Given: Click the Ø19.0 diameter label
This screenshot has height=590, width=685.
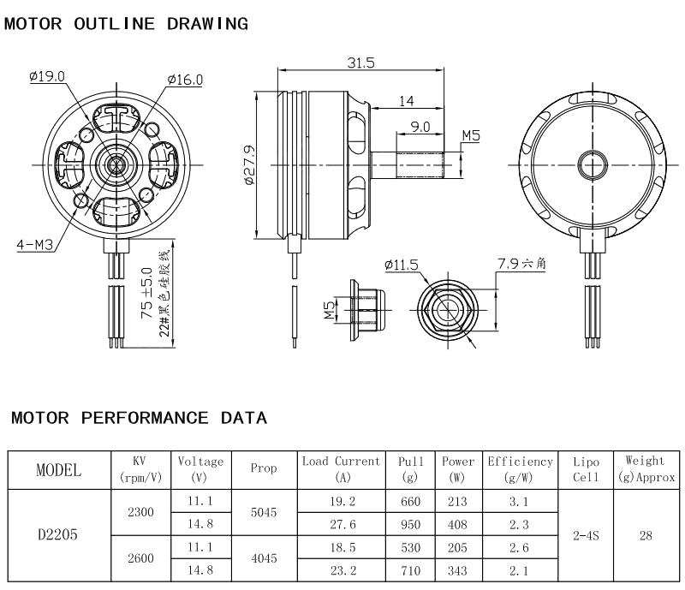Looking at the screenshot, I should pyautogui.click(x=47, y=76).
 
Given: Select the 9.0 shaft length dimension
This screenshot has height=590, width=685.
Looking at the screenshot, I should pyautogui.click(x=420, y=126).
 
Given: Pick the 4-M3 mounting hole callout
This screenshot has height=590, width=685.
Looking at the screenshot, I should pyautogui.click(x=34, y=245).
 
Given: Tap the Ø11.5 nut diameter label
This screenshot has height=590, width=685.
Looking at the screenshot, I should pyautogui.click(x=402, y=265).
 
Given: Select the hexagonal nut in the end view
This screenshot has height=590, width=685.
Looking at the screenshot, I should pyautogui.click(x=447, y=306).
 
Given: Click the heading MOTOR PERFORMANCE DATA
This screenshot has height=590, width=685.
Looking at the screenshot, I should pyautogui.click(x=139, y=419).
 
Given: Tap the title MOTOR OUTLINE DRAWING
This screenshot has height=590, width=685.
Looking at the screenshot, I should pyautogui.click(x=127, y=24).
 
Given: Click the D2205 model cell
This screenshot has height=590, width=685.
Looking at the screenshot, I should pyautogui.click(x=58, y=535).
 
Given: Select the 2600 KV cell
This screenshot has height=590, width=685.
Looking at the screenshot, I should pyautogui.click(x=140, y=558).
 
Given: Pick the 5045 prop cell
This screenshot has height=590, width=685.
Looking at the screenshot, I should pyautogui.click(x=263, y=512).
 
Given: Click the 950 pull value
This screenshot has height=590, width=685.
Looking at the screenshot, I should pyautogui.click(x=410, y=524).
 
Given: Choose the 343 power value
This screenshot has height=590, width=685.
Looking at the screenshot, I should pyautogui.click(x=457, y=569).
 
